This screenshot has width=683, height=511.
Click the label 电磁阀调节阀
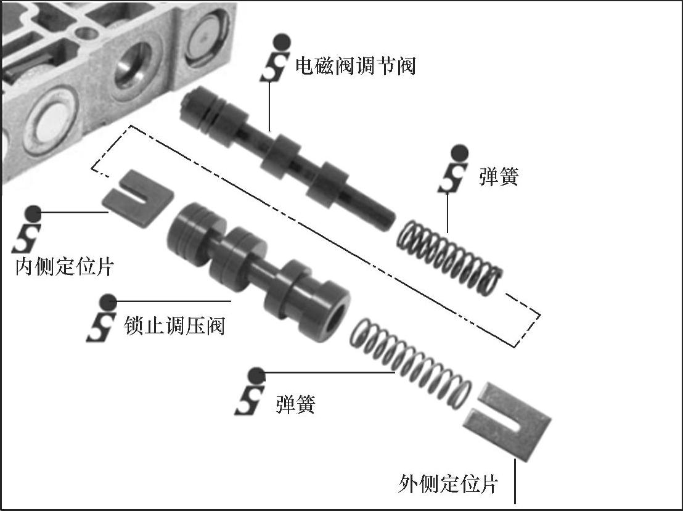tap(356, 66)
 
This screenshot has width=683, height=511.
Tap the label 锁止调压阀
tap(174, 325)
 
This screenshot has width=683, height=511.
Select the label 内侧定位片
tap(65, 266)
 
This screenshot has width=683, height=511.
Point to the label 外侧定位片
tap(448, 483)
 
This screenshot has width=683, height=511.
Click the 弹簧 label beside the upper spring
tap(499, 176)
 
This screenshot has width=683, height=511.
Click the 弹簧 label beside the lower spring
tap(295, 404)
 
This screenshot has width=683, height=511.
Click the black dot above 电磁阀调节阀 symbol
tap(282, 43)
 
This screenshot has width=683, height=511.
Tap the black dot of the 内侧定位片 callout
tap(33, 213)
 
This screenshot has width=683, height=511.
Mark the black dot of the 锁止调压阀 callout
tap(108, 301)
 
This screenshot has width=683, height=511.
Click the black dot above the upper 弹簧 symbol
tap(459, 153)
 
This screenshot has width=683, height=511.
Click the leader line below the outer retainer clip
tap(515, 481)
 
